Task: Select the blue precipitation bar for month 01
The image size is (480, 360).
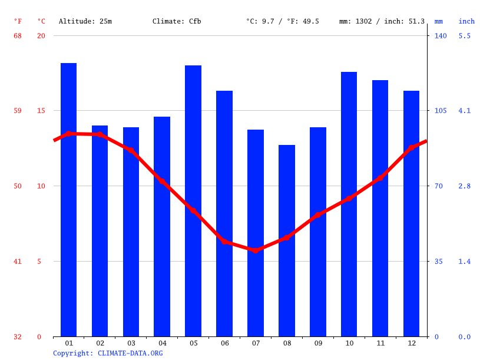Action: (68, 200)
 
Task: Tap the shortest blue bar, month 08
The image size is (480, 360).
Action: (287, 242)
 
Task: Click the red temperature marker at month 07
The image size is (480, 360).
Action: (256, 250)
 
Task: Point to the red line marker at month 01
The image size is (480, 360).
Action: (68, 134)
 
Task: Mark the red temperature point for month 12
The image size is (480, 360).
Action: (412, 148)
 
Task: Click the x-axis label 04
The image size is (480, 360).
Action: (162, 343)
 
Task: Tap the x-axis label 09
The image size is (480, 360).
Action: (318, 343)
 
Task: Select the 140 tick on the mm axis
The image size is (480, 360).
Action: (441, 36)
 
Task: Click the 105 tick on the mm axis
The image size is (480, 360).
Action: (441, 111)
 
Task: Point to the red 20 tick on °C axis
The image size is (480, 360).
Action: (41, 36)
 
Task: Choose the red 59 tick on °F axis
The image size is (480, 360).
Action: (18, 111)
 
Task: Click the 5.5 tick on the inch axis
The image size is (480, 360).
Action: (464, 36)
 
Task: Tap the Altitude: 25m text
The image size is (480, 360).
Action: (85, 21)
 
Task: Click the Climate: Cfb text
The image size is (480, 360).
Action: (177, 21)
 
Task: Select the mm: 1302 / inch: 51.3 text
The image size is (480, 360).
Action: (382, 21)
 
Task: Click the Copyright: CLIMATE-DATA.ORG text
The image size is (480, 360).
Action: (108, 353)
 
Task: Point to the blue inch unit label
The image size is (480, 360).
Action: (466, 21)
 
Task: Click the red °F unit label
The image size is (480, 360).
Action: (18, 21)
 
